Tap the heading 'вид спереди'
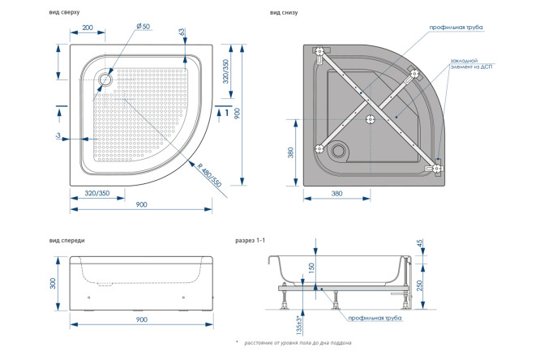pyautogui.click(x=66, y=241)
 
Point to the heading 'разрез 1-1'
pyautogui.click(x=251, y=241)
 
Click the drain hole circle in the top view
pyautogui.click(x=105, y=79)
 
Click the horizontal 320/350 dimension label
pyautogui.click(x=97, y=193)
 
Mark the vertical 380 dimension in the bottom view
pyautogui.click(x=290, y=152)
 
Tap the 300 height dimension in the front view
pyautogui.click(x=53, y=283)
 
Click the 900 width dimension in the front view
pyautogui.click(x=142, y=320)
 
